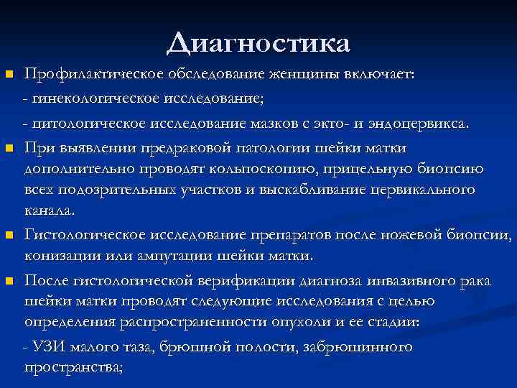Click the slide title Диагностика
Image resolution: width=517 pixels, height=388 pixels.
(x=258, y=42)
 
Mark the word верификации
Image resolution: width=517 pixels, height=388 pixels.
(x=224, y=281)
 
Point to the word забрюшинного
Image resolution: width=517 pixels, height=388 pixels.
(x=361, y=348)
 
